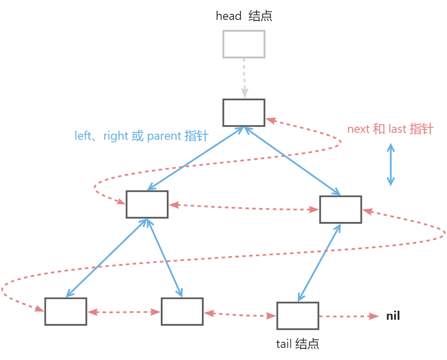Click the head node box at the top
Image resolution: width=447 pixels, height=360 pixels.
[243, 44]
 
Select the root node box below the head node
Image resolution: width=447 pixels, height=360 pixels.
[243, 112]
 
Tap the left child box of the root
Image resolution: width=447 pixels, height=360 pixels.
[147, 204]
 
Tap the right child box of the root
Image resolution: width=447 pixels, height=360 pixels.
[340, 209]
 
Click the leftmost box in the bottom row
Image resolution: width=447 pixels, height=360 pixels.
[66, 312]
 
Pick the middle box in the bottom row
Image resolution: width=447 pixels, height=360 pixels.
[182, 312]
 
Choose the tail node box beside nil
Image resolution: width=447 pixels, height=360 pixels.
[297, 316]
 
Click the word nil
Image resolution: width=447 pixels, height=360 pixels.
[393, 316]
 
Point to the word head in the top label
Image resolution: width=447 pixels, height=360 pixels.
[229, 16]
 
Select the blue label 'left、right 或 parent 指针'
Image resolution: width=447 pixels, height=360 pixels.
[142, 136]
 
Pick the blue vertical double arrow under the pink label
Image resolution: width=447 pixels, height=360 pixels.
[391, 165]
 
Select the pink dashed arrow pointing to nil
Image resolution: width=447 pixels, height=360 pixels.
[348, 316]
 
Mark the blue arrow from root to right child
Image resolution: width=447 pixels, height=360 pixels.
[292, 161]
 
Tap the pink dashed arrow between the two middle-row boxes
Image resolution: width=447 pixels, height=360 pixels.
[243, 207]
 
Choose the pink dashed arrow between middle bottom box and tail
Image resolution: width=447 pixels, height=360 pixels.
[240, 314]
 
